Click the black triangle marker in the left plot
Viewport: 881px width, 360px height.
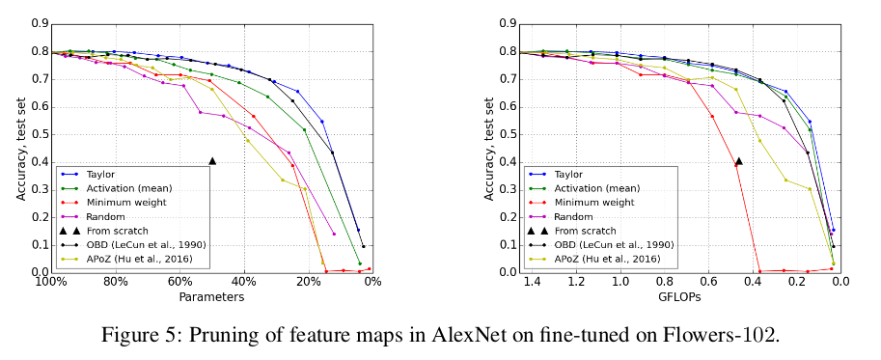click(x=212, y=160)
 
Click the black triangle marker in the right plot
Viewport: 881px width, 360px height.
click(x=738, y=161)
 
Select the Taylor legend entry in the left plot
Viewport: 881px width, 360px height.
click(x=101, y=174)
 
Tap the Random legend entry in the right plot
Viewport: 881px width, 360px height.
click(x=571, y=216)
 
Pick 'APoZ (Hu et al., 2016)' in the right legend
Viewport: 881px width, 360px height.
click(x=607, y=259)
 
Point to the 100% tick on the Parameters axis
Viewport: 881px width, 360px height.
click(x=50, y=283)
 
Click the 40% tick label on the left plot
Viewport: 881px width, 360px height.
click(x=243, y=283)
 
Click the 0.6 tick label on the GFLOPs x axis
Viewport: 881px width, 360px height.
click(x=707, y=283)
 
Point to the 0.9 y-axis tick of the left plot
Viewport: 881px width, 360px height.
click(x=39, y=23)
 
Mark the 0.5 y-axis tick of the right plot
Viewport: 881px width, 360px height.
click(x=507, y=134)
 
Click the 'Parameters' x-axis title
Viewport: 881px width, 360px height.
click(x=211, y=297)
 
